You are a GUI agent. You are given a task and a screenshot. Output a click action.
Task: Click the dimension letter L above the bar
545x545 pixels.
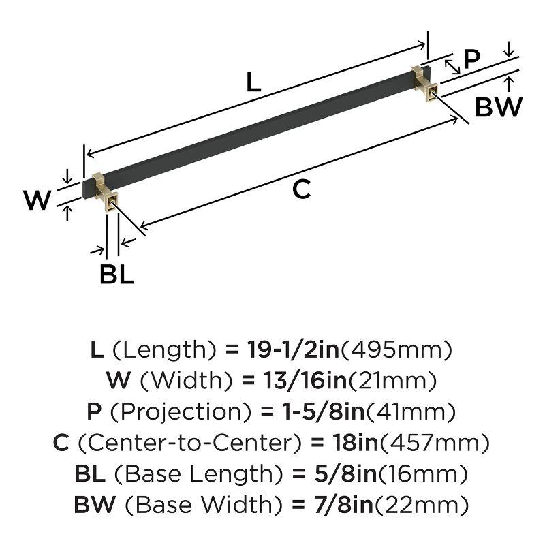click(x=253, y=83)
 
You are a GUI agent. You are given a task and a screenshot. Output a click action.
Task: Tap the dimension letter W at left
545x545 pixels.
click(x=37, y=200)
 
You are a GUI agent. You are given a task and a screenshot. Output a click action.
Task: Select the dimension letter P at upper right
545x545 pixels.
click(x=471, y=60)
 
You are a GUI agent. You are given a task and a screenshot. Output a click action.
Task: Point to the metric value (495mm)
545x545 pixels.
click(x=396, y=350)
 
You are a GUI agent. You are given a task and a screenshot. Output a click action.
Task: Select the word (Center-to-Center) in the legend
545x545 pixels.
click(x=190, y=443)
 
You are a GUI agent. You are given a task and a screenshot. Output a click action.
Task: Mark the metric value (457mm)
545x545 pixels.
click(x=434, y=443)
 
